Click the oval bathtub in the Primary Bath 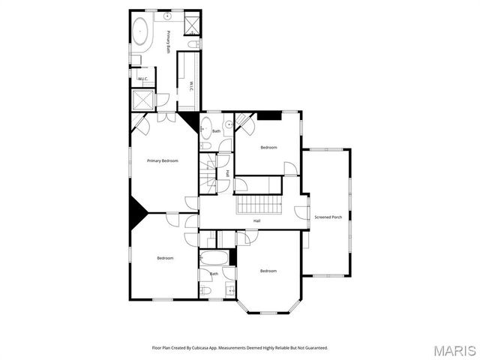(x=140, y=31)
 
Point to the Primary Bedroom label (x=163, y=160)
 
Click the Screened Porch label (x=328, y=217)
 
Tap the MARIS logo (x=454, y=350)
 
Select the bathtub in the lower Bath (x=214, y=259)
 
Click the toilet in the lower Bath (x=204, y=290)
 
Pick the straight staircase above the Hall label (x=259, y=205)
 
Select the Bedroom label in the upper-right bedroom (x=268, y=148)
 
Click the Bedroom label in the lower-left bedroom (x=165, y=258)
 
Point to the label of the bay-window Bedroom (x=268, y=271)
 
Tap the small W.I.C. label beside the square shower (x=142, y=79)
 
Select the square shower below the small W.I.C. (x=142, y=100)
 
